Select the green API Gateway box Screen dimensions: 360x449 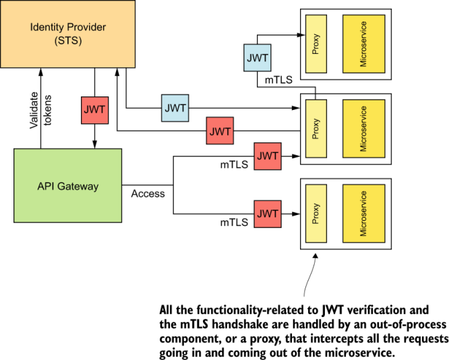67,186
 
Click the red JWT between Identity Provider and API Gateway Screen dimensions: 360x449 94,110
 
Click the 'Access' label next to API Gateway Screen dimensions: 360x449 148,193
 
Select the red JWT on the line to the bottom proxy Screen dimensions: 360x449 268,214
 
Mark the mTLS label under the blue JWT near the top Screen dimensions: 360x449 278,80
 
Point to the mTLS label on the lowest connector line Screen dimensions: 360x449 234,222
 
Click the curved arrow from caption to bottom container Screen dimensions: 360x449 306,276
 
